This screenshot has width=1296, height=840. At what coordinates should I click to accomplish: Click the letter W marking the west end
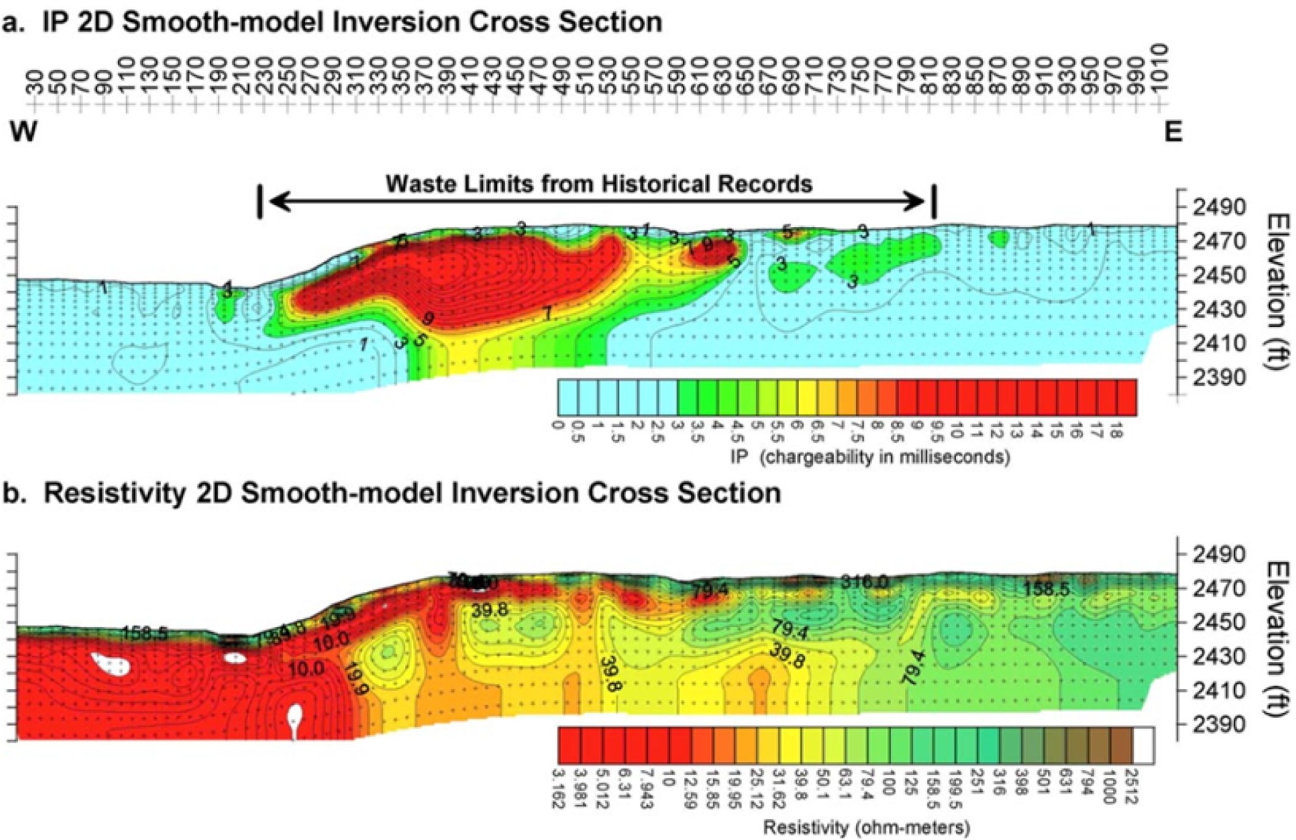click(23, 132)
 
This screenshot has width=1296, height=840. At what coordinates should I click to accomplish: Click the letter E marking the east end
click(1173, 132)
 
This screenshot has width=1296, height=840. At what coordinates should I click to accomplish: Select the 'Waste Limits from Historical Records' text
click(599, 183)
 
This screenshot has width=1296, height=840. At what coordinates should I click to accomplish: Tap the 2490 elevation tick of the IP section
click(1219, 207)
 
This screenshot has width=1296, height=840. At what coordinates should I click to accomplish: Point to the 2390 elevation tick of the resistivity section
click(1219, 724)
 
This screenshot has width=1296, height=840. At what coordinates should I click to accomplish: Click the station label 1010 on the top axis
click(1160, 67)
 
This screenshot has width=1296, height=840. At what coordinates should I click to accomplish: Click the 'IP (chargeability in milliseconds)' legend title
click(870, 457)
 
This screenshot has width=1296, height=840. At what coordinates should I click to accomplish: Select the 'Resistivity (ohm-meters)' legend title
click(866, 827)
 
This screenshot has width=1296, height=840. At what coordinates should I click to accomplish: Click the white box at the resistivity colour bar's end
click(1144, 744)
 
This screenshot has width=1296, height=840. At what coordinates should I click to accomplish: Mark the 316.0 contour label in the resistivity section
click(864, 582)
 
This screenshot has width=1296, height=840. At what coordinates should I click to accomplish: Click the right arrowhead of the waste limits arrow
click(917, 201)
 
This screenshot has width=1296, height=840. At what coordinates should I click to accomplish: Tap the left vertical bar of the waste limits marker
click(260, 202)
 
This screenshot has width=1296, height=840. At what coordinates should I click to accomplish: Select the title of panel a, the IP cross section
click(332, 22)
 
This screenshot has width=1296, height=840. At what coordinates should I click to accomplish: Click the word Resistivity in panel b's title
click(115, 493)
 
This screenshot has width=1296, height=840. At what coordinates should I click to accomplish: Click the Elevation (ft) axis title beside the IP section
click(1278, 291)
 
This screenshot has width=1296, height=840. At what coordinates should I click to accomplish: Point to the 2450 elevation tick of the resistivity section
click(1219, 622)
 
